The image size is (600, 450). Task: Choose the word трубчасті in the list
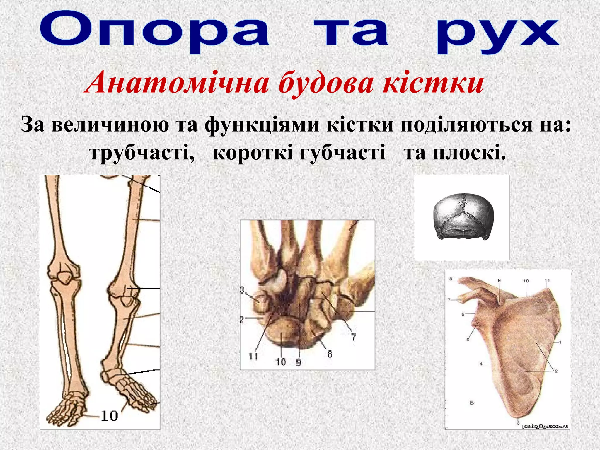click(x=142, y=152)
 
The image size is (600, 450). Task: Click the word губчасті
click(x=342, y=152)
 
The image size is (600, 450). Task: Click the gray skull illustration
click(x=463, y=217)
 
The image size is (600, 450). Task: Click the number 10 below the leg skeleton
click(x=109, y=416)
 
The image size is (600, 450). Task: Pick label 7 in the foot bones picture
click(x=354, y=337)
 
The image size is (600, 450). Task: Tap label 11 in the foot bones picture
click(x=253, y=356)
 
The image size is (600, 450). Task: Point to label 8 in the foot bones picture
click(x=330, y=354)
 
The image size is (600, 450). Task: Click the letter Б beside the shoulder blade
click(x=472, y=403)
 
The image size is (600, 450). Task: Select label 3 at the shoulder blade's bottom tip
click(x=518, y=423)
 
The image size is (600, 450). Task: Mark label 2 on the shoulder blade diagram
click(x=556, y=371)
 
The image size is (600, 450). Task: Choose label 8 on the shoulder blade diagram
click(x=451, y=279)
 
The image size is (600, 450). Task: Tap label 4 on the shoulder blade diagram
click(x=481, y=364)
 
